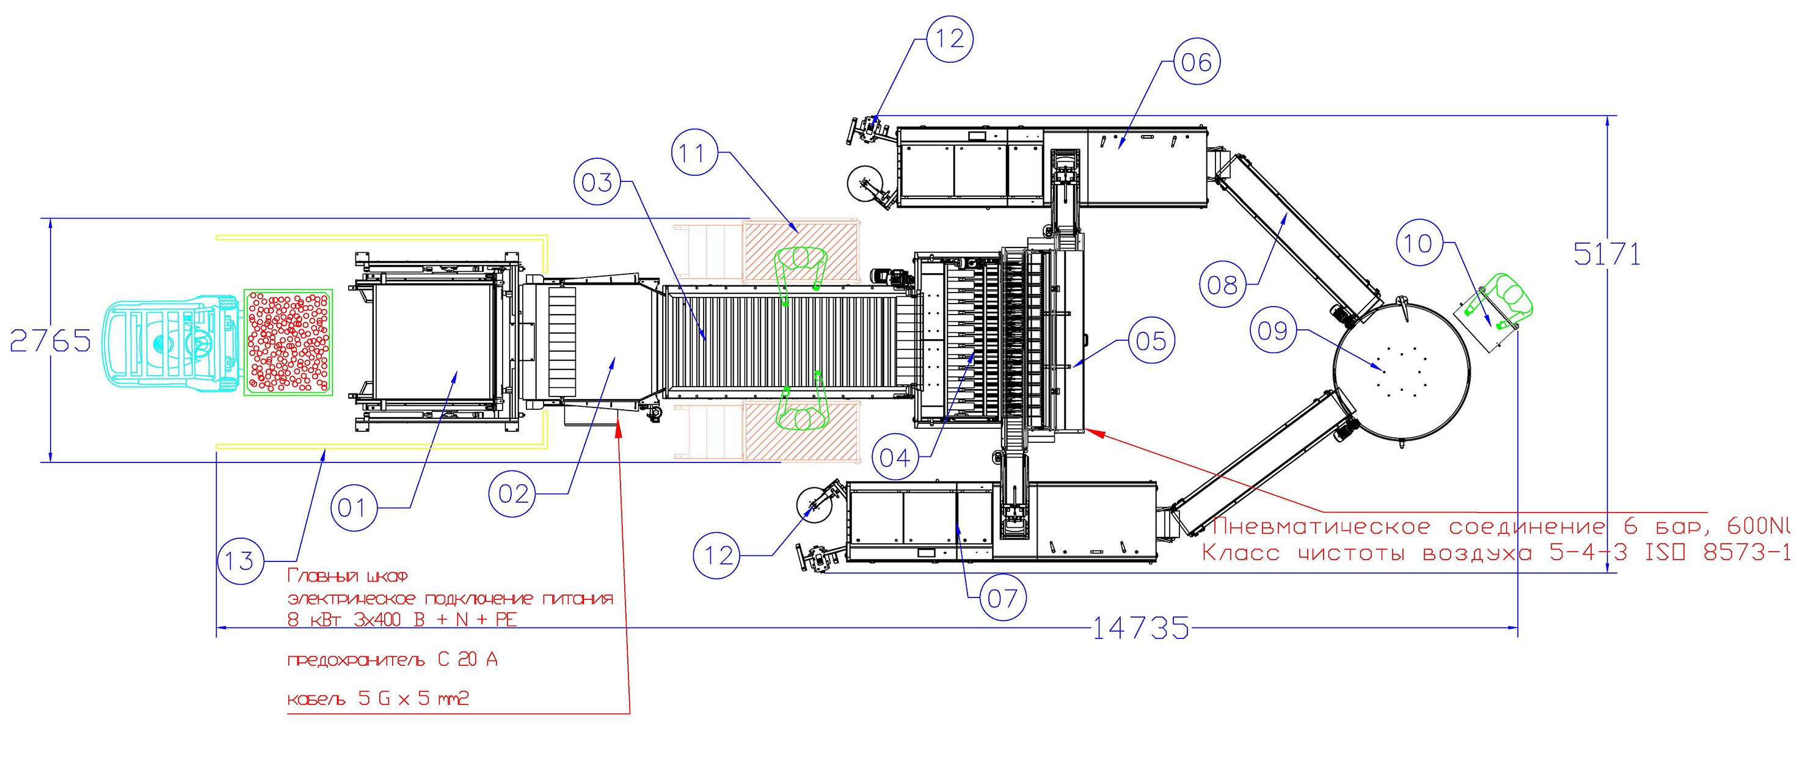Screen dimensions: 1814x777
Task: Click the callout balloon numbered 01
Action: (x=354, y=508)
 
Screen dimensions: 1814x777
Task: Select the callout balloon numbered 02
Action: (x=512, y=494)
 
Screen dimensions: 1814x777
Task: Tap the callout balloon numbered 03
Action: (x=597, y=183)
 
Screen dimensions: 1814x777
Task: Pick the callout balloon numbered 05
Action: (x=1151, y=341)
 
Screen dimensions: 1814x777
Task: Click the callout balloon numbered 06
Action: (x=1197, y=62)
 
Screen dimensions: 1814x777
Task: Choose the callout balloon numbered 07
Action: (x=1002, y=598)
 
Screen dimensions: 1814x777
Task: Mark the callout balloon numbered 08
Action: (x=1223, y=285)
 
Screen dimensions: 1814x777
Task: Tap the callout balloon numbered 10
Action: (x=1419, y=243)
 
